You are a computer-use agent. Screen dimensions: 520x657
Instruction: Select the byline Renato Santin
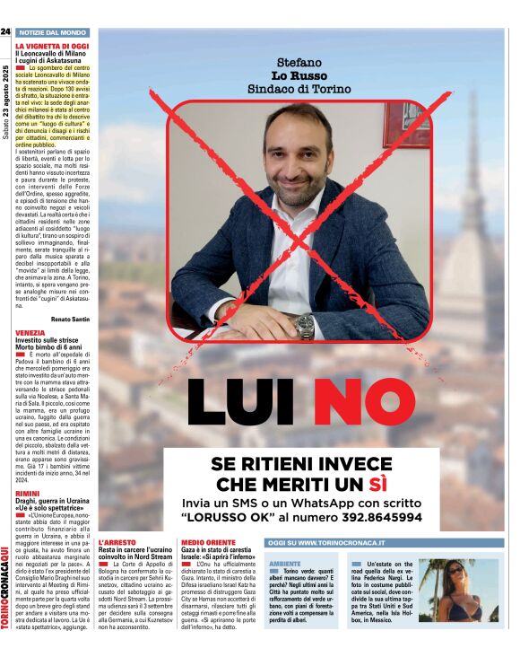[x=70, y=319]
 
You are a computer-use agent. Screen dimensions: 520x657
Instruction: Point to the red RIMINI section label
[x=27, y=494]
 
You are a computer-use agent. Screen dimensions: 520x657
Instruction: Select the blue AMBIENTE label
[x=286, y=562]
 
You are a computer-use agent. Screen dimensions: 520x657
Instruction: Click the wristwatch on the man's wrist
[x=305, y=324]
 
